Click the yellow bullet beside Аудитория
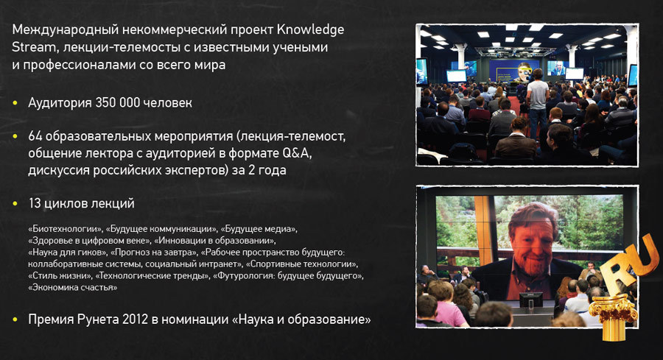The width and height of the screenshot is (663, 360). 16,102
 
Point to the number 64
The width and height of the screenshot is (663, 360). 35,138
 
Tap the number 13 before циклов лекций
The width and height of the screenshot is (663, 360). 35,203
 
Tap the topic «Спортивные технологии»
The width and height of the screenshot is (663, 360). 302,264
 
